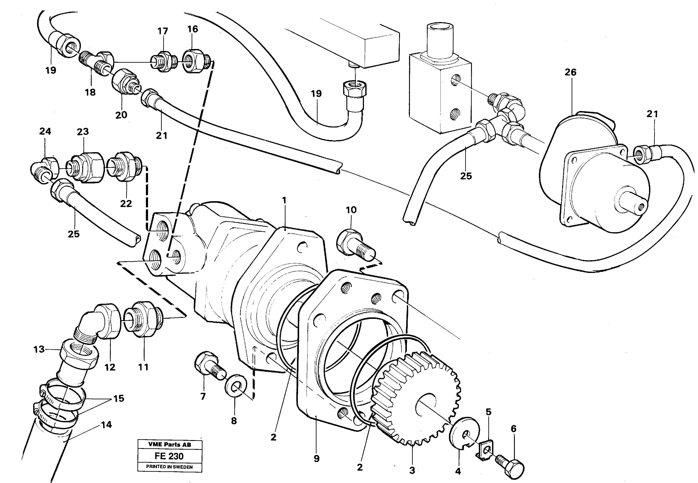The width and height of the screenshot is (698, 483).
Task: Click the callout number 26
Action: [x=570, y=72]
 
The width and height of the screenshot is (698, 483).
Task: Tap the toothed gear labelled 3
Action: [x=417, y=400]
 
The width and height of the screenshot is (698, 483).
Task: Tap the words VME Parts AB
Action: [x=170, y=445]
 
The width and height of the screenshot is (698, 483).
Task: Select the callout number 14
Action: [x=106, y=425]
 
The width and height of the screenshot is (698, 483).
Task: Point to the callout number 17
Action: [x=163, y=31]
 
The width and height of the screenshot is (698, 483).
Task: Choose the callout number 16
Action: [x=192, y=29]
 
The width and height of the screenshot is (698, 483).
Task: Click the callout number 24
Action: [x=45, y=131]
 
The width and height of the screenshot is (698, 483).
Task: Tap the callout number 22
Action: [x=126, y=204]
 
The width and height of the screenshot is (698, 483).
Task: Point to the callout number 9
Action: [x=316, y=459]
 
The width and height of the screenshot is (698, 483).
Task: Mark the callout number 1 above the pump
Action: [x=284, y=200]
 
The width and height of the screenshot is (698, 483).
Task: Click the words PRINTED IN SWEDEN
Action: [x=170, y=467]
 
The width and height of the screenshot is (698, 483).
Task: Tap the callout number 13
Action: [x=39, y=349]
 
